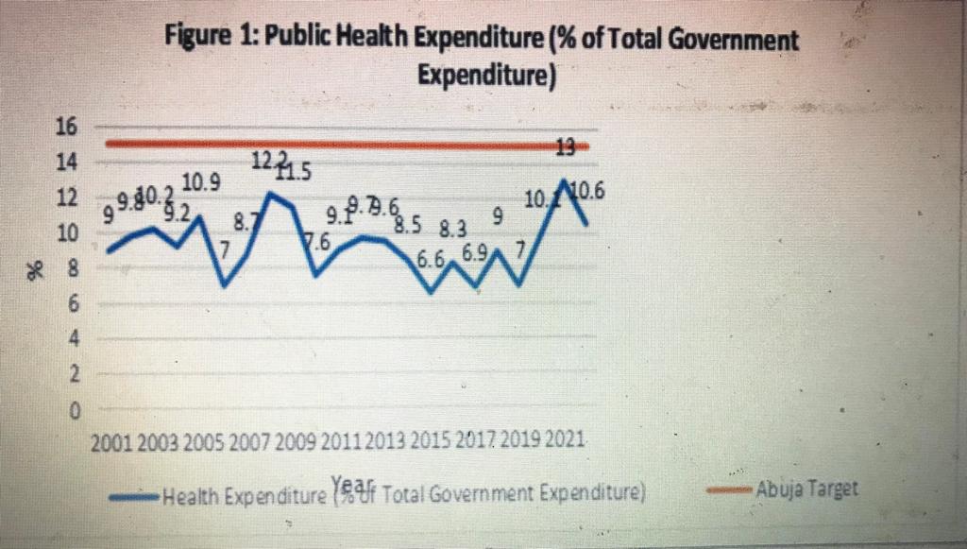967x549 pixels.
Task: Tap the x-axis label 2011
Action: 342,440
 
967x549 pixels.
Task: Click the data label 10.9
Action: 201,183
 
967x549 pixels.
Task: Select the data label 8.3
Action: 454,228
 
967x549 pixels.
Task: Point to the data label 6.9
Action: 475,254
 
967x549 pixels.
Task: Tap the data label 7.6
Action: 317,242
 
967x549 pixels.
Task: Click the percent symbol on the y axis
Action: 39,270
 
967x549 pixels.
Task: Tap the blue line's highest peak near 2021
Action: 564,180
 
